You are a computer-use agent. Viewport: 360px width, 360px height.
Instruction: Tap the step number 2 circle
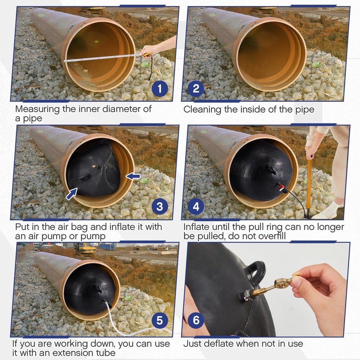pos(196,89)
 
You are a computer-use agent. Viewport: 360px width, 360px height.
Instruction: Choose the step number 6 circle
pos(196,320)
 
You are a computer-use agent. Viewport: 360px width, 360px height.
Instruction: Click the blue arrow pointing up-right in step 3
pos(72,193)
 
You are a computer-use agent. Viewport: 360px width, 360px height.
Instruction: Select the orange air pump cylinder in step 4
pos(309,187)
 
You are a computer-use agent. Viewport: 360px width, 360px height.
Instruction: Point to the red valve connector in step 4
pos(280,186)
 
